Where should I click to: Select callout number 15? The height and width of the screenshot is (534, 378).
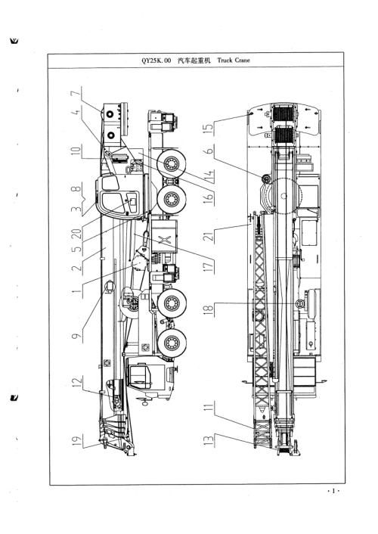tap(209, 128)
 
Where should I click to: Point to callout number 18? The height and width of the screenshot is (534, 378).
tap(209, 309)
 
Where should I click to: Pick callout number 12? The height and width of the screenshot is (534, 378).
tap(76, 382)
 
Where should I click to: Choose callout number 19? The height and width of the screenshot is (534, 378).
tap(76, 441)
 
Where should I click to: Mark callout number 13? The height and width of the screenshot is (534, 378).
tap(209, 439)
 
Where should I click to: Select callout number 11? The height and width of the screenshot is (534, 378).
tap(209, 407)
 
